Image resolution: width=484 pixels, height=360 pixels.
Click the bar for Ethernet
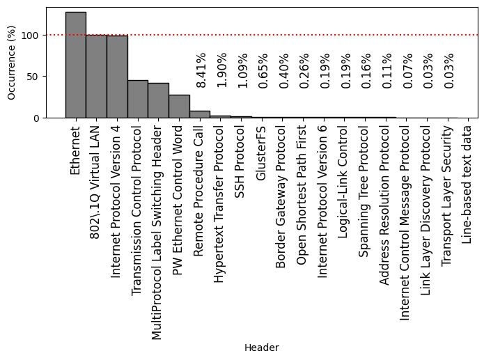tap(76, 65)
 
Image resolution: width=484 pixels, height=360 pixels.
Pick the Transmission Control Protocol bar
tap(138, 99)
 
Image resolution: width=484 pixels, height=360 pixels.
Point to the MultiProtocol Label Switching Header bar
tap(158, 100)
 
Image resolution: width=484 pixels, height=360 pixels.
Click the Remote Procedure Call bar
tap(200, 114)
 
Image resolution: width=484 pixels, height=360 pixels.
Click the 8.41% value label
tap(201, 70)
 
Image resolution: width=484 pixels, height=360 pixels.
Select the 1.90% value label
tap(221, 70)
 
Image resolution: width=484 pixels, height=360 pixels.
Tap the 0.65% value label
tap(263, 70)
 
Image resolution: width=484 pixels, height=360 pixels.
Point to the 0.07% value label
tap(408, 70)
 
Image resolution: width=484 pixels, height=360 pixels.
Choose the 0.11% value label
tap(387, 70)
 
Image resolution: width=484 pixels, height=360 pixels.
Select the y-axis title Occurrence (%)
tap(11, 63)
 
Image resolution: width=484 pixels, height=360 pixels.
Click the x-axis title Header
tap(261, 347)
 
